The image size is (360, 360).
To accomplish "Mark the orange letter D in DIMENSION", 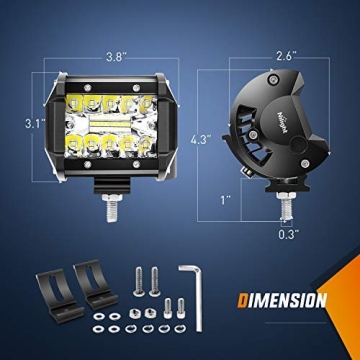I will coord(246,299).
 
